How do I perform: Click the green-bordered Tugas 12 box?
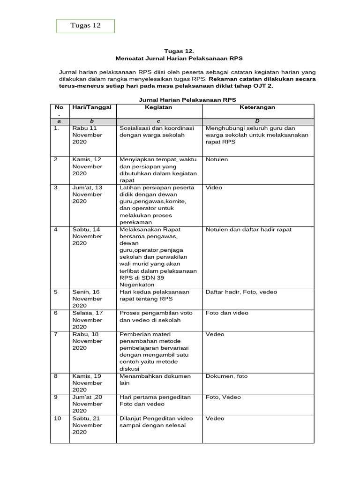[85, 26]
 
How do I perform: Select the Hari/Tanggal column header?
[91, 107]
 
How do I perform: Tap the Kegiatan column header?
[158, 107]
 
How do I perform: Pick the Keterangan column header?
[257, 107]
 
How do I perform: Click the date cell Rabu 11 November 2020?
[87, 135]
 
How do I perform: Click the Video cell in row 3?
[214, 187]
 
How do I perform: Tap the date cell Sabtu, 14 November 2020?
[87, 236]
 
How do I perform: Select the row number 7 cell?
[56, 334]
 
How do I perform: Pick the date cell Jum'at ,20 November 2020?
[87, 404]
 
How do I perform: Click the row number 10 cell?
[57, 419]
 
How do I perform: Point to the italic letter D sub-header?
[257, 120]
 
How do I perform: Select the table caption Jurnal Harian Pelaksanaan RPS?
[187, 100]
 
